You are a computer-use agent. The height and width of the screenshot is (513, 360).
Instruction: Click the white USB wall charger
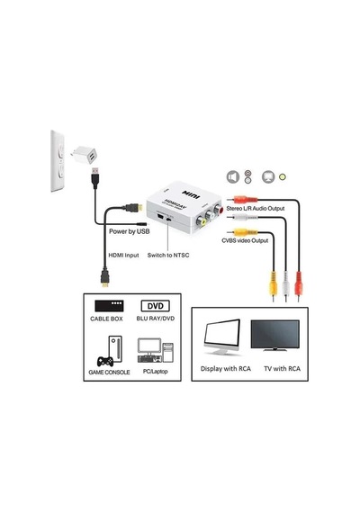tap(84, 155)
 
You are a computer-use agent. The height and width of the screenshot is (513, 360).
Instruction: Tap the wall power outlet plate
tap(58, 161)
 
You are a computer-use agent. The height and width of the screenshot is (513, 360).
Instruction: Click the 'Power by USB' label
tap(130, 231)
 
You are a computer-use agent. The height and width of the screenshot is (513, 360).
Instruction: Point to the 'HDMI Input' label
tap(123, 256)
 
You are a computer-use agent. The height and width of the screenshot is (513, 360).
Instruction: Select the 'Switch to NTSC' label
tap(168, 256)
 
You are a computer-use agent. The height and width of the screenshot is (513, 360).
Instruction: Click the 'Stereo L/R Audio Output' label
tap(256, 209)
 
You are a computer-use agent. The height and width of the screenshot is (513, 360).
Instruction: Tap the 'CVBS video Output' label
tap(245, 241)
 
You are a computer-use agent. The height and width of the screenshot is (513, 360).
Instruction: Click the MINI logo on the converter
tap(191, 194)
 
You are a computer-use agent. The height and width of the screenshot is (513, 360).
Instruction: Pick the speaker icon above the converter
tap(233, 177)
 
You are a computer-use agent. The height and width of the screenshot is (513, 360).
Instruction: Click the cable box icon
tap(109, 306)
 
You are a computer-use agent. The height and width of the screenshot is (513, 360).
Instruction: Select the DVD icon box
tap(156, 306)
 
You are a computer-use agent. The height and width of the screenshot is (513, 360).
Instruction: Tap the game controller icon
tap(105, 361)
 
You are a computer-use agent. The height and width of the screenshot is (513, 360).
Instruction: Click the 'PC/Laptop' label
tap(156, 372)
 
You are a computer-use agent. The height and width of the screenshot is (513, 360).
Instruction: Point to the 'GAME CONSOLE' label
tap(109, 373)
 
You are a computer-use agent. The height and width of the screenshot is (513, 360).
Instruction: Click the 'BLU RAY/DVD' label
tap(156, 319)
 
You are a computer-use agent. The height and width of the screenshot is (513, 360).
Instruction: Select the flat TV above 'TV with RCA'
tap(274, 335)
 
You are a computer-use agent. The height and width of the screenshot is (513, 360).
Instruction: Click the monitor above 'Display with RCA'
tap(222, 337)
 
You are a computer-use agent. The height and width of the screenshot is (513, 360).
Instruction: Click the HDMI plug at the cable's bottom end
tap(104, 278)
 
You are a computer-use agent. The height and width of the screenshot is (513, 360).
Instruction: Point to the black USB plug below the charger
tap(95, 177)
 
